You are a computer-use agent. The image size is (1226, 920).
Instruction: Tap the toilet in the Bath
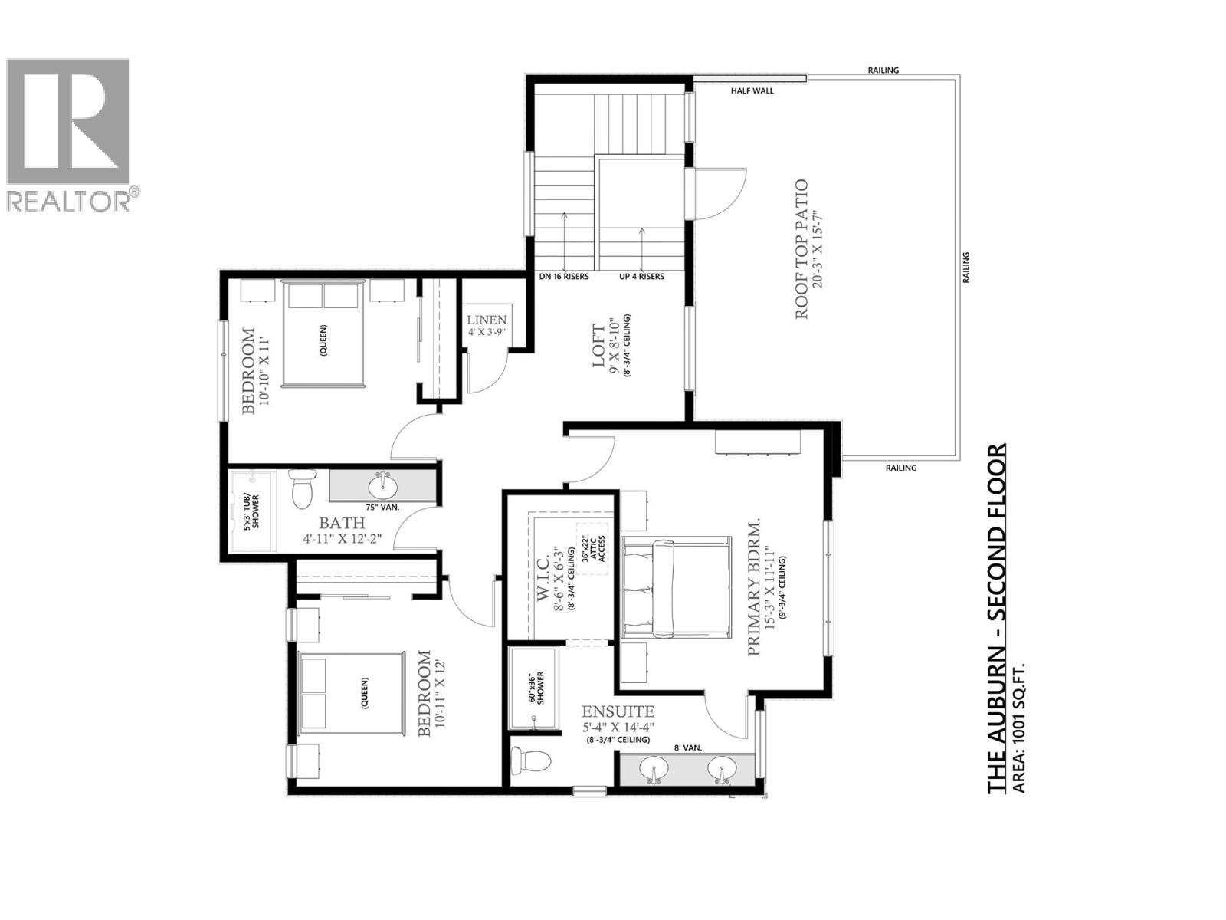click(302, 488)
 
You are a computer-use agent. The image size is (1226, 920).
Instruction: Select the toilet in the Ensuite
click(531, 761)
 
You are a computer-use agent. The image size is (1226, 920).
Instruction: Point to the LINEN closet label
click(487, 320)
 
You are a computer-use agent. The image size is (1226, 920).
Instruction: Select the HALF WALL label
click(752, 90)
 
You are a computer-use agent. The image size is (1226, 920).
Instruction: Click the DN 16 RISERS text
click(564, 276)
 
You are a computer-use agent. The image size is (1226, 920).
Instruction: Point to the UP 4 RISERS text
click(641, 276)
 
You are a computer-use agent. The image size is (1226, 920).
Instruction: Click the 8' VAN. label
click(687, 747)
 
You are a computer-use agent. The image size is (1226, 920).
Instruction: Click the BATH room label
click(342, 524)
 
